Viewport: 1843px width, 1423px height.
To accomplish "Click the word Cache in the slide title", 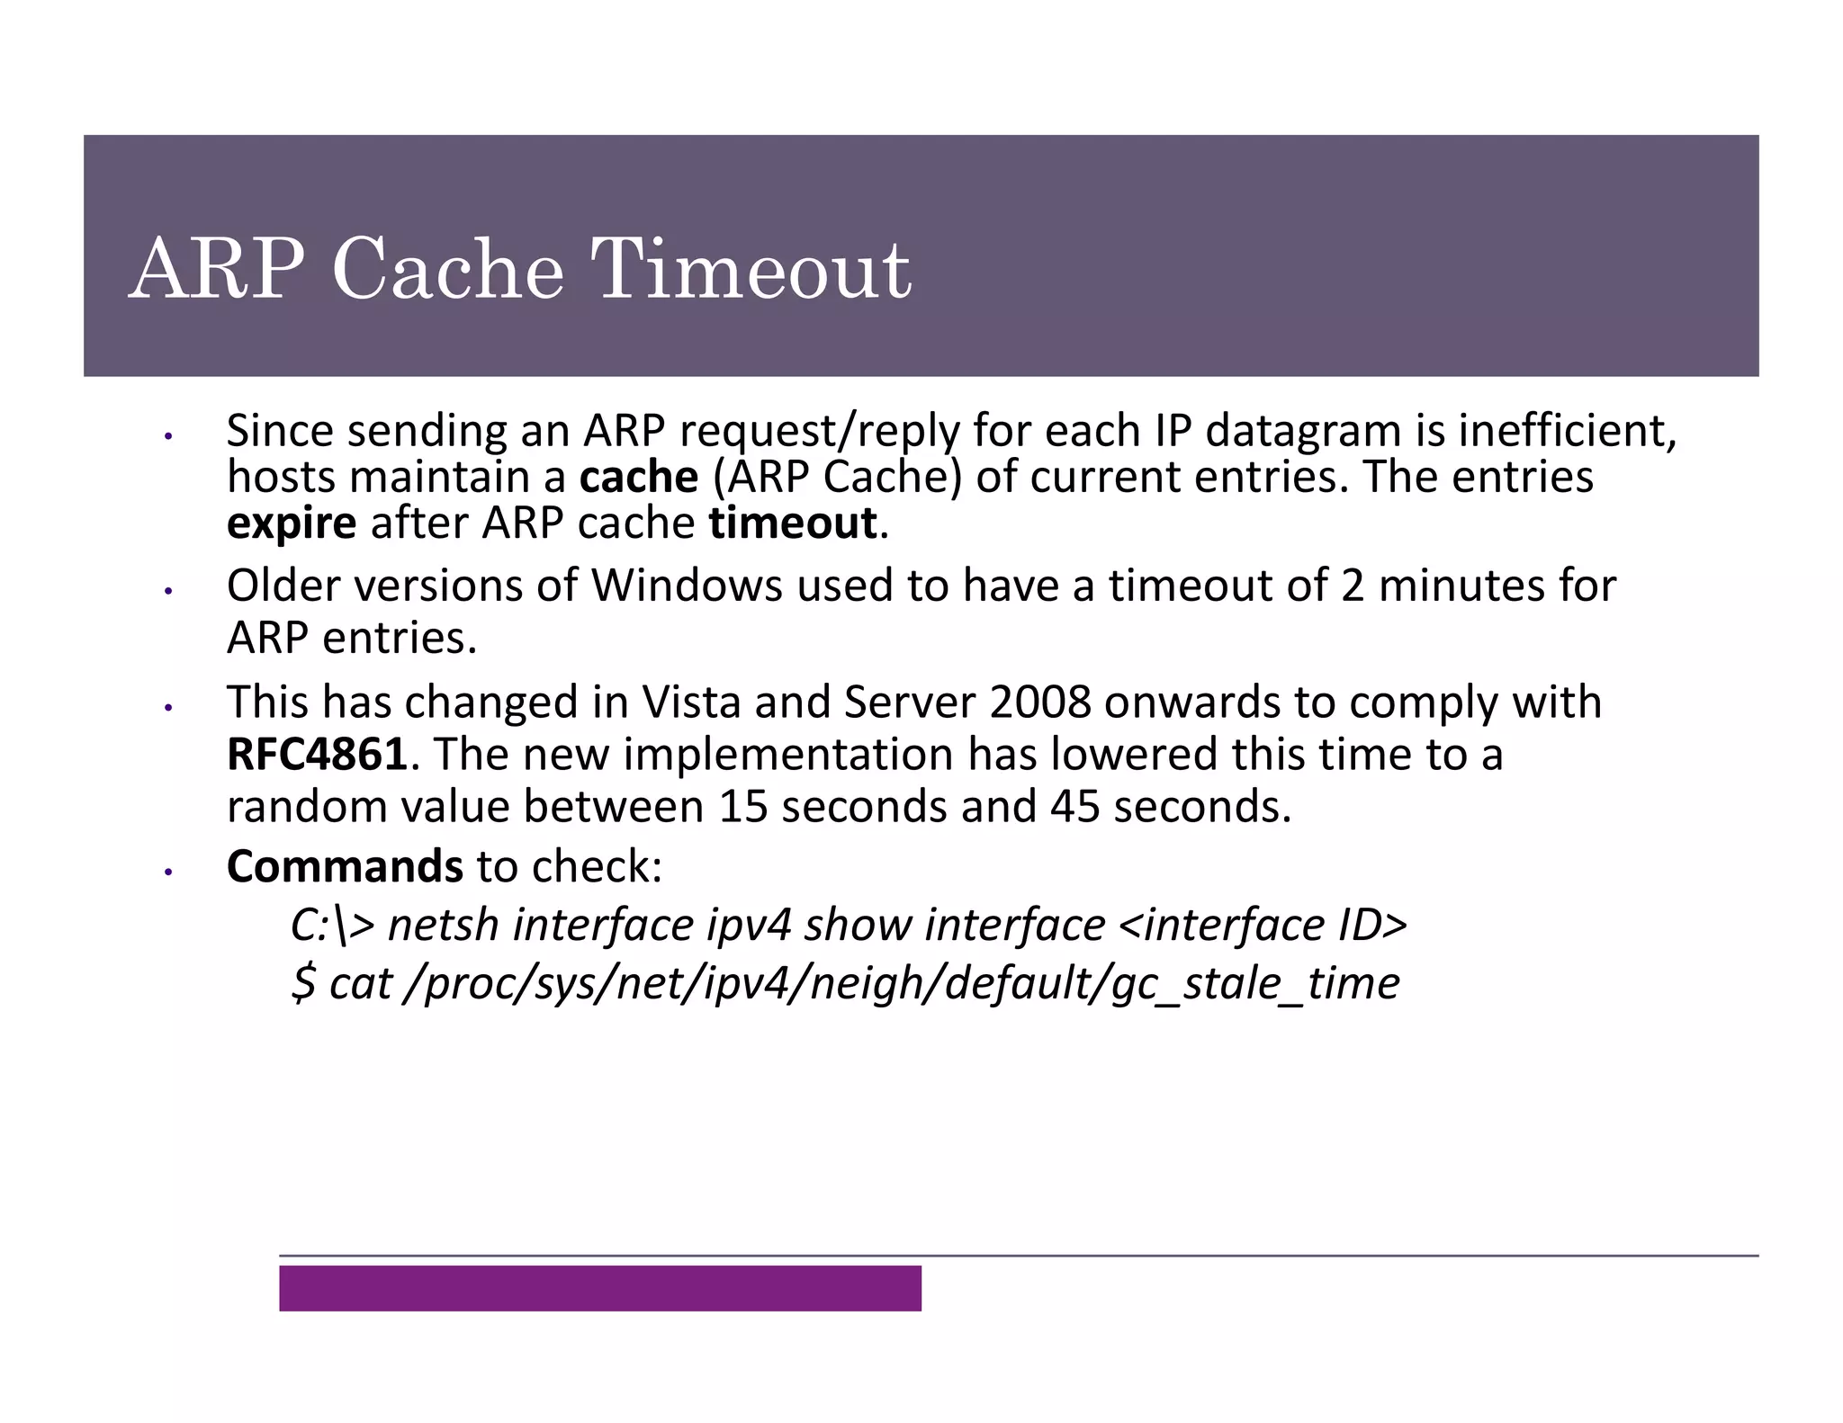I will pyautogui.click(x=447, y=269).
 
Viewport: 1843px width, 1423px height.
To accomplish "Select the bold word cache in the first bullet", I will pyautogui.click(x=639, y=478).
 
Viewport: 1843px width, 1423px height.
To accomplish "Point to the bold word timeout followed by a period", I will pyautogui.click(x=793, y=524).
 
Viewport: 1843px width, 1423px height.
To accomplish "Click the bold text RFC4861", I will pyautogui.click(x=317, y=754).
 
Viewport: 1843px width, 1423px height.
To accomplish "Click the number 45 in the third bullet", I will pyautogui.click(x=1074, y=806).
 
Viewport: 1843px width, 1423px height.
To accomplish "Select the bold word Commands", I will pyautogui.click(x=345, y=866).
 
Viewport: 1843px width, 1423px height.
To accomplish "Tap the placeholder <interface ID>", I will pyautogui.click(x=1262, y=925).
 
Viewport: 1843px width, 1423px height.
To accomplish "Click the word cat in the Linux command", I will pyautogui.click(x=360, y=983).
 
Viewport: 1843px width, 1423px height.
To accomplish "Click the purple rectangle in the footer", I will pyautogui.click(x=599, y=1288).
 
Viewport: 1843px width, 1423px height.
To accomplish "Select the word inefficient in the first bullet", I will pyautogui.click(x=1567, y=431).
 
